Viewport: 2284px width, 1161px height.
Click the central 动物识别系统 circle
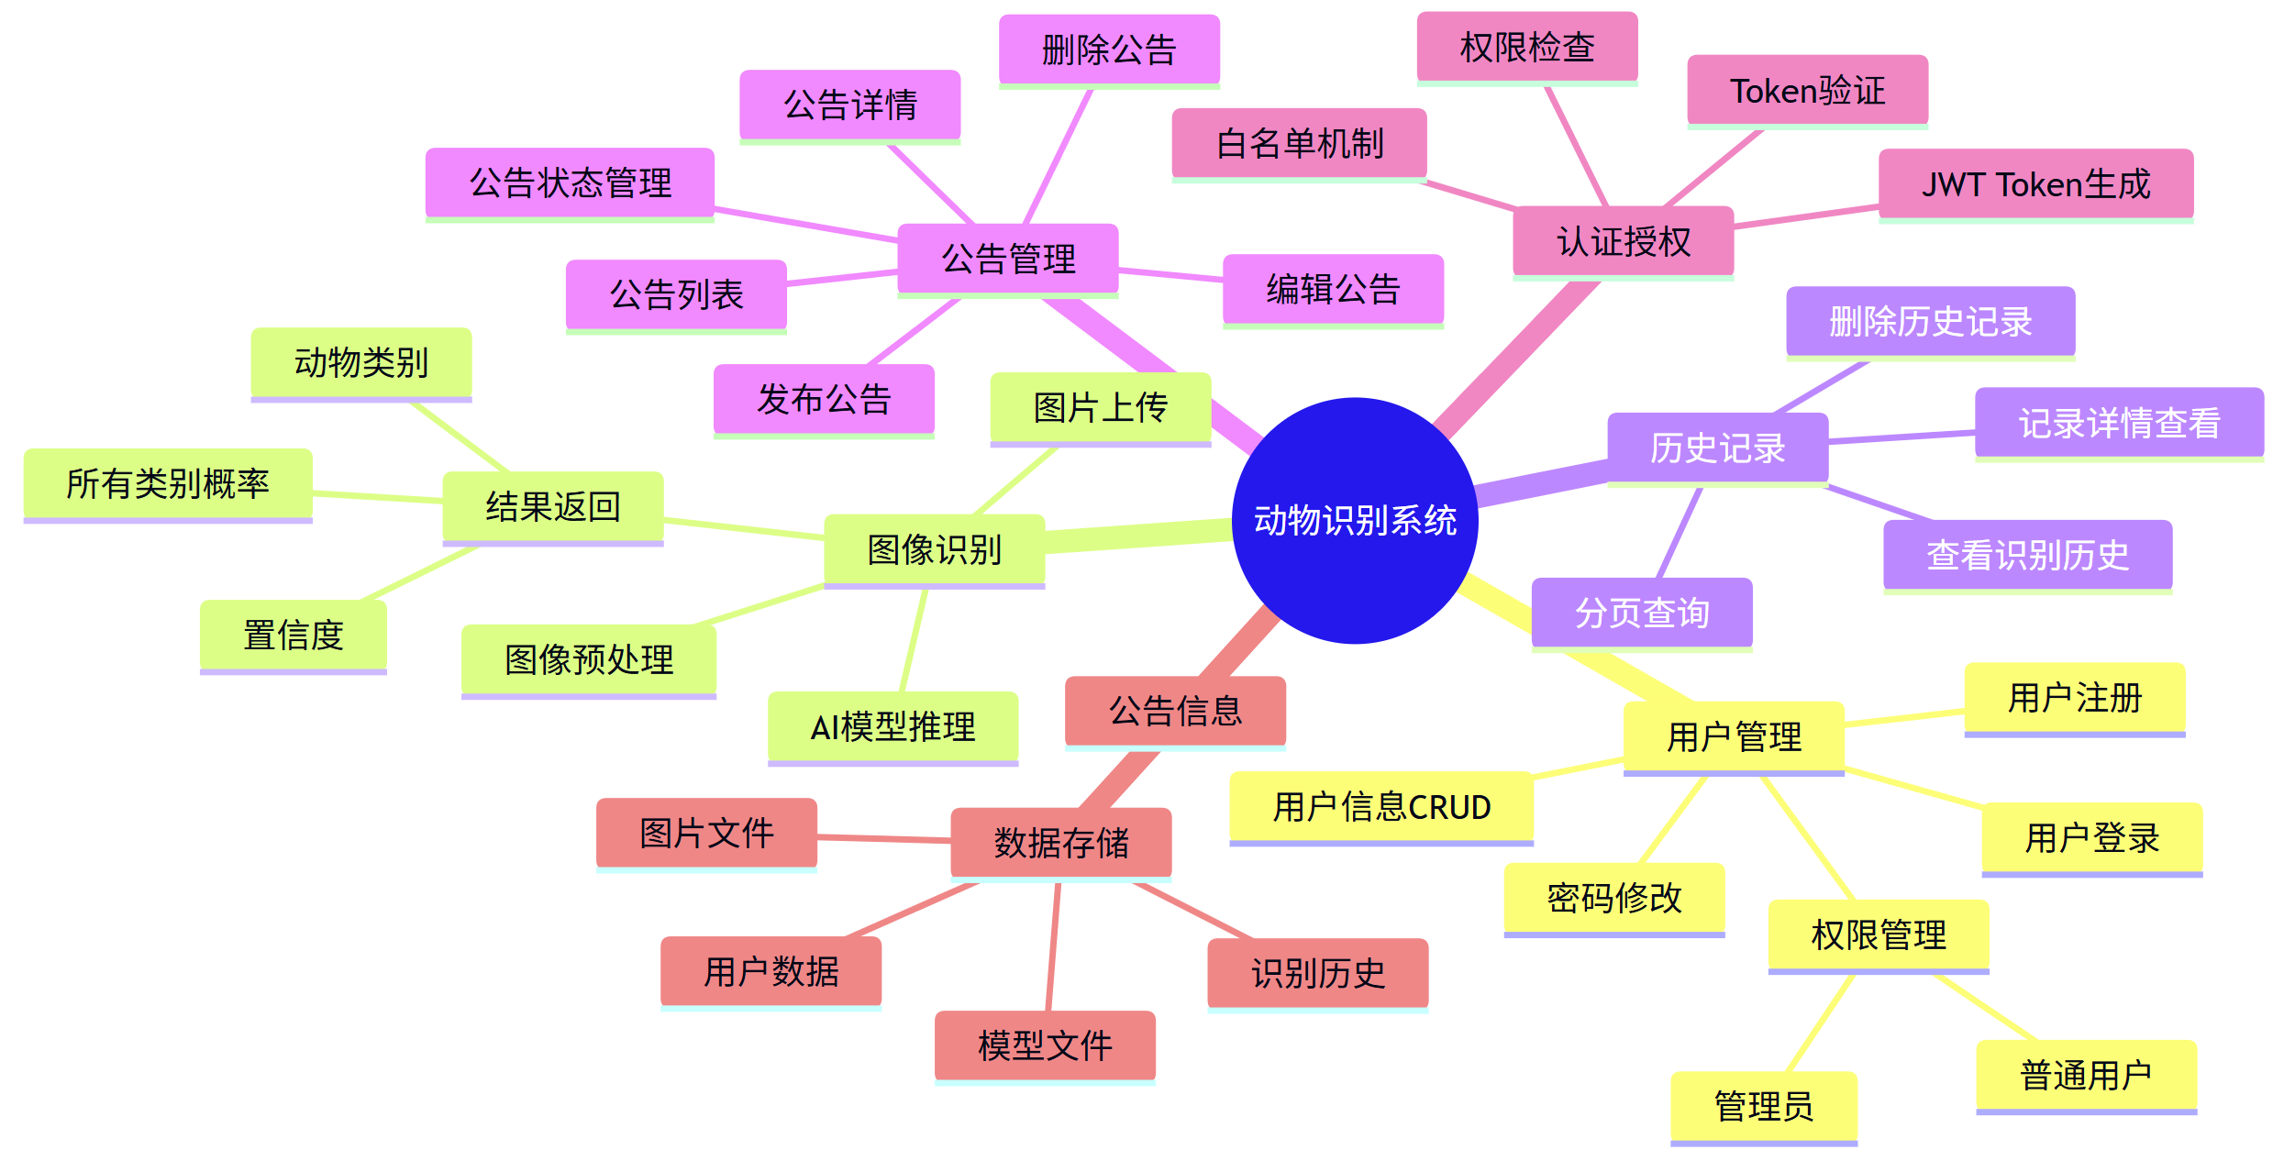tap(1354, 520)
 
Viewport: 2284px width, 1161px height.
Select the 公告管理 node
tap(1007, 259)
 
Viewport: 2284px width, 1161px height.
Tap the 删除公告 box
tap(1109, 50)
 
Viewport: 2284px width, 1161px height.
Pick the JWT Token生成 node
tap(2035, 184)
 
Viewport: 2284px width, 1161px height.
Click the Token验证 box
tap(1807, 90)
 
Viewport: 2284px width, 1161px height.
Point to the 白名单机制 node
tap(1299, 143)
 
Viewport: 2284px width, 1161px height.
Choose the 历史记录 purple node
tap(1717, 448)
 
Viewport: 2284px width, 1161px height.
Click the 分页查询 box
tap(1641, 613)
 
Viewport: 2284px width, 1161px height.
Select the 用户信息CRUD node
tap(1380, 807)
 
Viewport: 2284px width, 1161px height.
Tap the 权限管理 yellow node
tap(1878, 934)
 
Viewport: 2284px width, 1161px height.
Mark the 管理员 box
tap(1763, 1106)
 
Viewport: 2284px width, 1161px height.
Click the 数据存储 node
tap(1060, 842)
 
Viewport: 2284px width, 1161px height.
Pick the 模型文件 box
tap(1044, 1045)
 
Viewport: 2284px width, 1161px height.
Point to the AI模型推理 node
tap(893, 726)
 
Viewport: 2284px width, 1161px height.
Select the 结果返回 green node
tap(552, 506)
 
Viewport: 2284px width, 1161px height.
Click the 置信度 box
tap(293, 635)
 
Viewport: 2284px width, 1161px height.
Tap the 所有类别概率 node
tap(167, 483)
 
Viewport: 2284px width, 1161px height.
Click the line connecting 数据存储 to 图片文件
tap(884, 838)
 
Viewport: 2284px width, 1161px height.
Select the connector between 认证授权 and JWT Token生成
tap(1805, 217)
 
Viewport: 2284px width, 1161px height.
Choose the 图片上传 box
tap(1100, 407)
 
